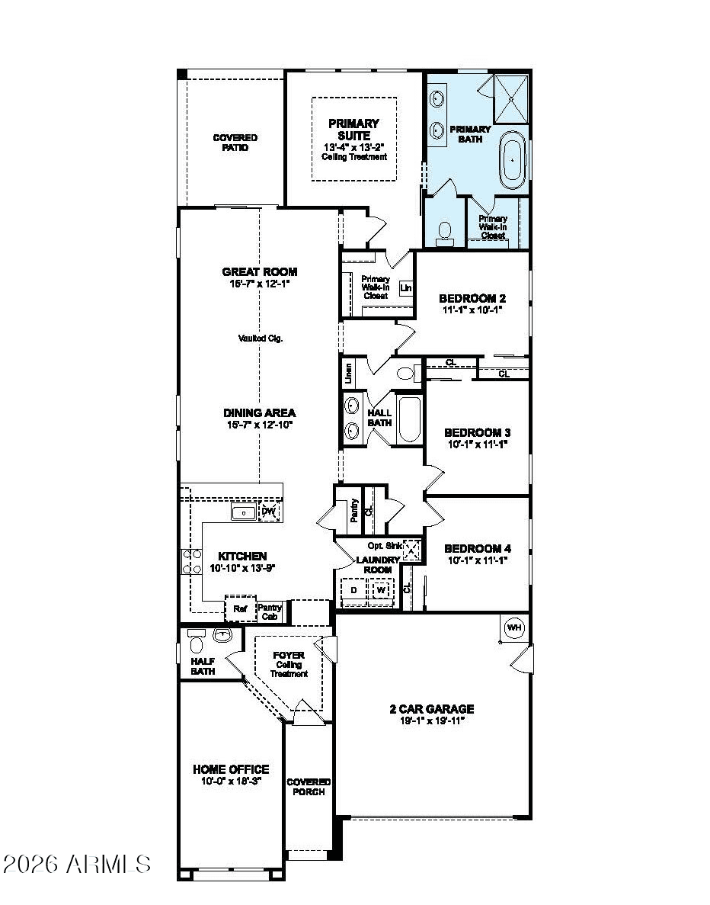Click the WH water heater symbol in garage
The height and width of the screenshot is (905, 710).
514,627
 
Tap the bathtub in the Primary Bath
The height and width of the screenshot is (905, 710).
513,160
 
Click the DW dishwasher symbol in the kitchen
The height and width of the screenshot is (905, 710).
268,512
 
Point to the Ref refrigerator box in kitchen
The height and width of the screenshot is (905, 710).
240,609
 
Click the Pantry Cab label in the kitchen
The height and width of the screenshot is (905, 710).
270,611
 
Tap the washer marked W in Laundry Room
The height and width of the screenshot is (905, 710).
381,590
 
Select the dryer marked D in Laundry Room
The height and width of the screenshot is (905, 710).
353,590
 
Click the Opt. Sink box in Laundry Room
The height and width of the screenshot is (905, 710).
411,549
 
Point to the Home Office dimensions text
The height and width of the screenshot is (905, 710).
231,781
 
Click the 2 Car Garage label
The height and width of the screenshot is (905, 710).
431,708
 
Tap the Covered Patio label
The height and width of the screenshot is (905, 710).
235,143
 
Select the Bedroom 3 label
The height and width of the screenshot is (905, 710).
477,432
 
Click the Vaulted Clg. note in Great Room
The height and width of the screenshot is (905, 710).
260,339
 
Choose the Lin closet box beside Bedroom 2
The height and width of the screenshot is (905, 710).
405,288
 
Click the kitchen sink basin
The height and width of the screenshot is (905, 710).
244,512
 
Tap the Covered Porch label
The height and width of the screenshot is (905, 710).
309,787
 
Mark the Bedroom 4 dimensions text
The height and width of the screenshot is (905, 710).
477,560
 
